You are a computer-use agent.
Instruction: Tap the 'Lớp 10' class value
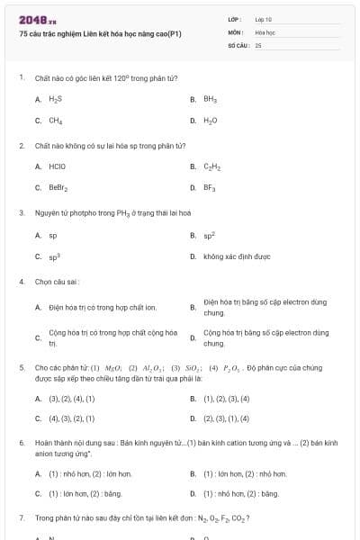[x=264, y=18]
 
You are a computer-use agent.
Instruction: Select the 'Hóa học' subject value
[x=265, y=31]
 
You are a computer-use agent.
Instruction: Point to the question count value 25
[x=258, y=44]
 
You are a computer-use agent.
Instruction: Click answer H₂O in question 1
[x=210, y=120]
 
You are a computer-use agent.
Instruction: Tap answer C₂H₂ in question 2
[x=211, y=166]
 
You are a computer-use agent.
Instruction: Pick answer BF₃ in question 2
[x=210, y=188]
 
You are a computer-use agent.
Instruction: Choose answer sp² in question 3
[x=209, y=235]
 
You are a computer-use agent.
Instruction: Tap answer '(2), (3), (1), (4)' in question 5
[x=227, y=418]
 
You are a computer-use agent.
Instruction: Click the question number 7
[x=21, y=518]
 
